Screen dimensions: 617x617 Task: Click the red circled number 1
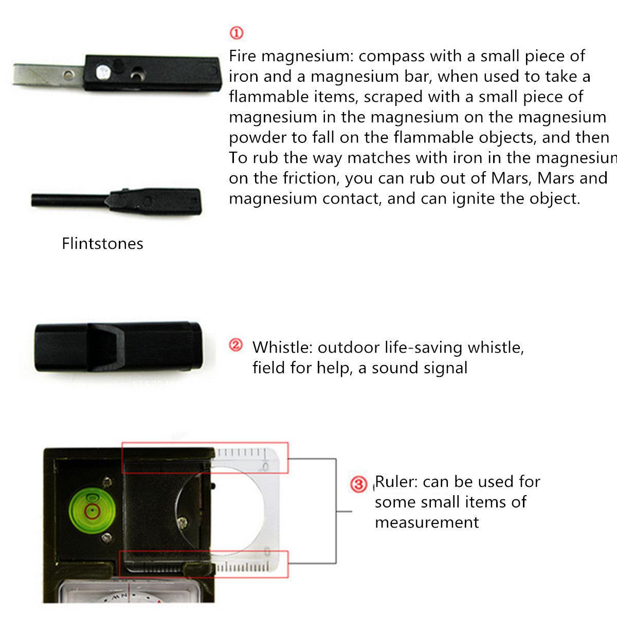pos(236,33)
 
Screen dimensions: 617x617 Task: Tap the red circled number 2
pos(235,346)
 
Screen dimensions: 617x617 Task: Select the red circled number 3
pos(358,484)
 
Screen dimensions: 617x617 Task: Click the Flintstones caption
pos(102,243)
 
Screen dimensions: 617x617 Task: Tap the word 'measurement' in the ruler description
pos(427,522)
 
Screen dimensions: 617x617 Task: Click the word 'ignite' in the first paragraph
pos(474,198)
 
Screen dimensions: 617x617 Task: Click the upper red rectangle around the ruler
pos(205,458)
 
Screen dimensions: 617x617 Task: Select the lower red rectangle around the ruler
pos(204,564)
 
